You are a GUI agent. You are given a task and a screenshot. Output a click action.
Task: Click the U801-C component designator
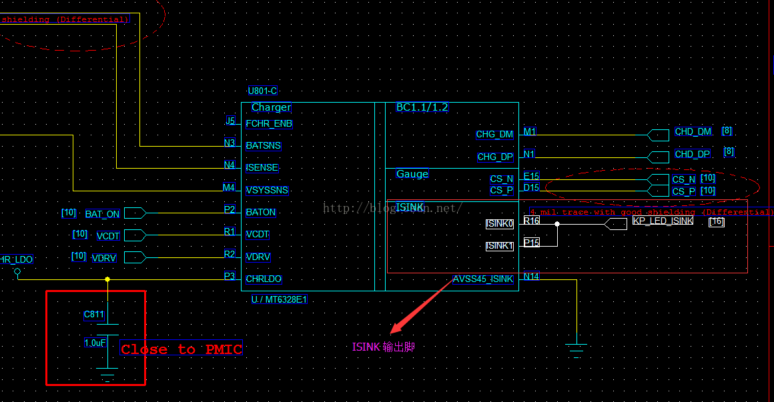[262, 91]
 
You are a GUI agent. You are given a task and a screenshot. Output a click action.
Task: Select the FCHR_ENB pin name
[269, 123]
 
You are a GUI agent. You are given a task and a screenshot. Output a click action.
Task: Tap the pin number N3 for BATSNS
[230, 143]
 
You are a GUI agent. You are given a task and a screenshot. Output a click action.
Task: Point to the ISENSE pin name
[262, 168]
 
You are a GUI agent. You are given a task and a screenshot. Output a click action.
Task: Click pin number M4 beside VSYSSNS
[229, 187]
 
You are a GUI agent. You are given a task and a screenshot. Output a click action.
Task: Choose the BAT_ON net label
[102, 214]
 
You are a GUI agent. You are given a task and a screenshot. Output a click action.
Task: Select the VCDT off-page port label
[107, 235]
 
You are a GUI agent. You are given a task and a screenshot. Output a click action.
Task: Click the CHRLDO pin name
[264, 279]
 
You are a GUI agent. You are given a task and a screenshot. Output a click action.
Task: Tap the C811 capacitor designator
[94, 314]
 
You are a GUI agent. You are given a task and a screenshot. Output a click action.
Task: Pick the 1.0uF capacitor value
[95, 342]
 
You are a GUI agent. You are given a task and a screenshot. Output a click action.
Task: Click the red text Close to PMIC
[181, 349]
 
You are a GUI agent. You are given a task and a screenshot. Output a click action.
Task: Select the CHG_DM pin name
[494, 134]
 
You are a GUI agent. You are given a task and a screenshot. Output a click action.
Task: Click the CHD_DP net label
[693, 154]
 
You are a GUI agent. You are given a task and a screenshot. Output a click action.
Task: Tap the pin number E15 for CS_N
[531, 176]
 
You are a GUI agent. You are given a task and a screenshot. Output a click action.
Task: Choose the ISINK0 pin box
[500, 224]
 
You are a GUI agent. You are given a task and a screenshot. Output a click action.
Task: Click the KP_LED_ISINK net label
[663, 221]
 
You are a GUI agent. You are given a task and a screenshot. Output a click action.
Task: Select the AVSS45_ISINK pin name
[483, 279]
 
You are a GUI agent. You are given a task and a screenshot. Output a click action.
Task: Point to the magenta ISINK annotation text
[384, 347]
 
